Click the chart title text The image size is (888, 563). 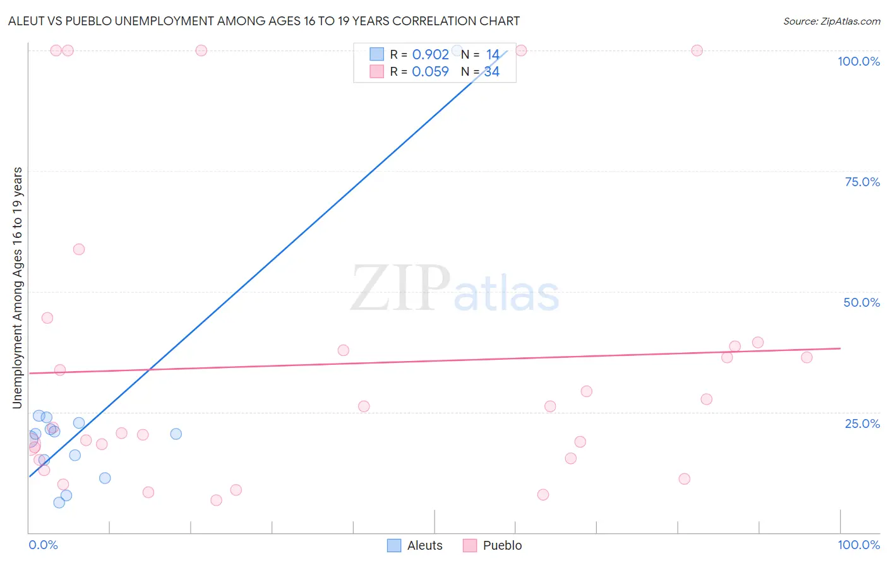264,21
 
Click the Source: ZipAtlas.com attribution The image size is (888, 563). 831,21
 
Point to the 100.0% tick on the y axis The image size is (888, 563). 858,61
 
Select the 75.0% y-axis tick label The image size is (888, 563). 862,182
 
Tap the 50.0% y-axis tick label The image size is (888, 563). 861,302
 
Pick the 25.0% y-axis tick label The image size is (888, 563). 862,424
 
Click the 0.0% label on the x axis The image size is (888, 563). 43,545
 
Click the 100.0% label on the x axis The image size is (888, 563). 858,545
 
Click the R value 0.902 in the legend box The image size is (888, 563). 430,55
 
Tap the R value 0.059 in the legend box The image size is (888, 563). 430,72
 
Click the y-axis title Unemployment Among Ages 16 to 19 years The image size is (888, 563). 18,288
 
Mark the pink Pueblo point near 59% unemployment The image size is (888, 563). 79,249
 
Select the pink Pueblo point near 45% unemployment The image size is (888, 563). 47,318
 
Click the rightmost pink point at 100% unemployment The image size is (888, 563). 697,50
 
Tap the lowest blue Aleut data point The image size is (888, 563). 59,502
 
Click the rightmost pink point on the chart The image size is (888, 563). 807,357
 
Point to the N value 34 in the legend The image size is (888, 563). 492,72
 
